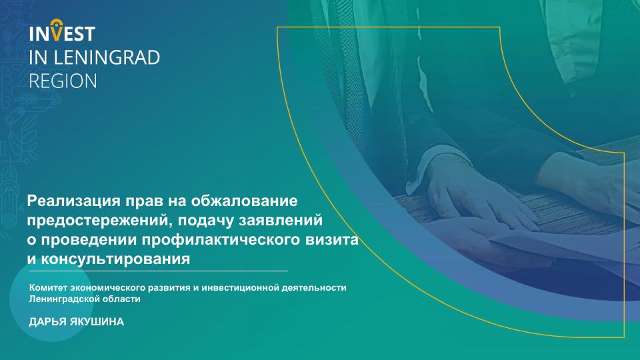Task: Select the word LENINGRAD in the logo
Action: coord(107,57)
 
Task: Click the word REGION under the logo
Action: coord(63,81)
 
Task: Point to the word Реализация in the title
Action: coord(74,201)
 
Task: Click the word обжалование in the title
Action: coord(245,201)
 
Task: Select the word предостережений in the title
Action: coord(97,221)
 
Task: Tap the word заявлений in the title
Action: coord(281,221)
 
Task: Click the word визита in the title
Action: coord(332,239)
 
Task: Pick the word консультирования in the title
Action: coord(115,259)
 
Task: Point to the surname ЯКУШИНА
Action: coord(97,321)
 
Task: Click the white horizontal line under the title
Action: coord(159,271)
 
